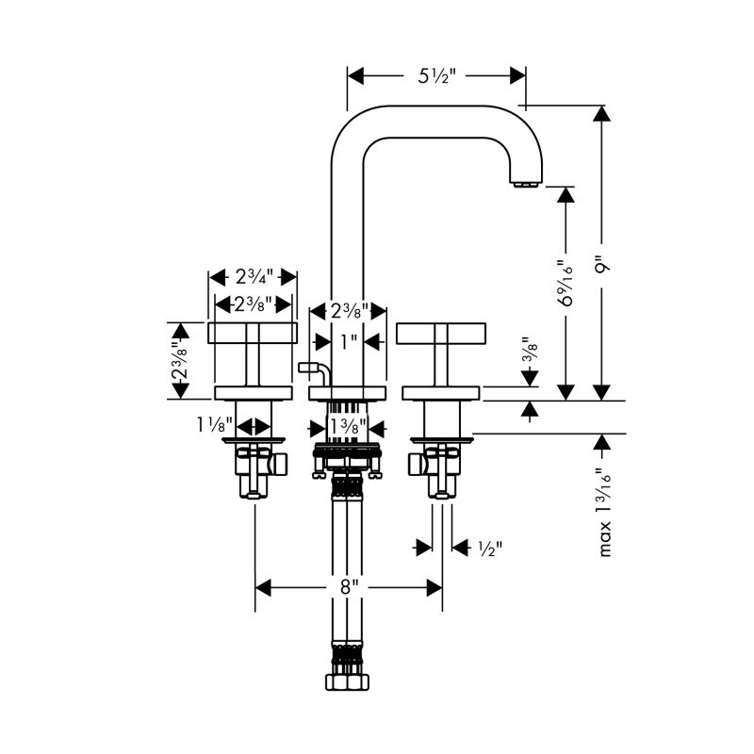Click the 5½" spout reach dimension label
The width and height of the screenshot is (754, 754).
435,76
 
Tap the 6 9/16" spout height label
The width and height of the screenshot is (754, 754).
565,284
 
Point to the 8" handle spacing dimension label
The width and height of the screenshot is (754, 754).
350,587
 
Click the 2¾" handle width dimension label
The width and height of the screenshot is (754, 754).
254,276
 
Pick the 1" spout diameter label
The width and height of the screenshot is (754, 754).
349,342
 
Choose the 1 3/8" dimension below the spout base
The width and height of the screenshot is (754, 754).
348,427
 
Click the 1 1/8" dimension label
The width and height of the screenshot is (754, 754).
215,425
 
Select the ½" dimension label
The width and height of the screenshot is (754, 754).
490,549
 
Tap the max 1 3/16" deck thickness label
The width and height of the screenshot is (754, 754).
604,513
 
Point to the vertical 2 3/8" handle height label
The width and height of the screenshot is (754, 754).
180,360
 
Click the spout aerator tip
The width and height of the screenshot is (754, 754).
527,184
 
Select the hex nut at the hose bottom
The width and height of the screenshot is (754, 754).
347,682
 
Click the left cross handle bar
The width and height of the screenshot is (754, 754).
253,334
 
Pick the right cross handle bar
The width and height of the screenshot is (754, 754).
441,334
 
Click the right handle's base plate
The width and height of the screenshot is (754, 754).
441,393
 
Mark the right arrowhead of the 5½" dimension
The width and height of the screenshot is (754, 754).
517,75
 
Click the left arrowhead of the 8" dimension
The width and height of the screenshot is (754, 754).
263,587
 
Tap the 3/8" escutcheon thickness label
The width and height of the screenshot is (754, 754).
530,349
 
